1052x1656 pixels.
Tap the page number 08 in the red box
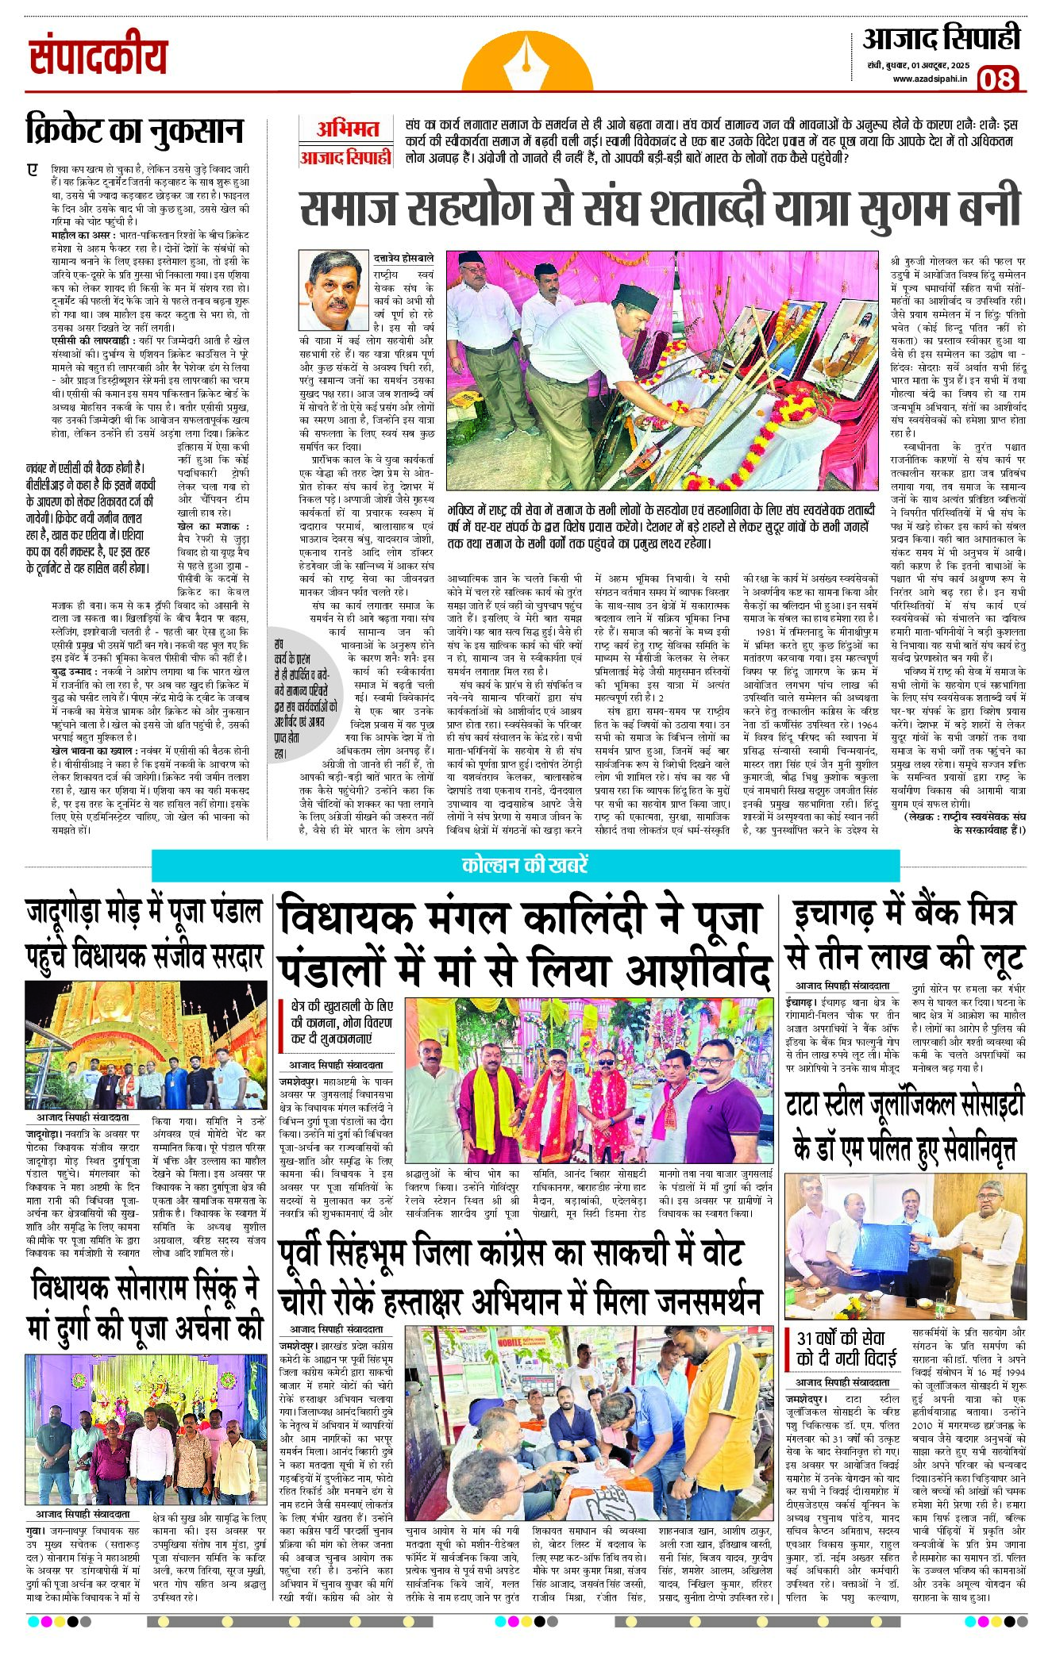(x=996, y=79)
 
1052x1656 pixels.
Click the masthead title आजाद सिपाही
(x=941, y=40)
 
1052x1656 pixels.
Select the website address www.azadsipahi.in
(x=929, y=79)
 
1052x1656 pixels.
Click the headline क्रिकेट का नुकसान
(x=134, y=130)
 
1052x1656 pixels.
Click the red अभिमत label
(x=348, y=129)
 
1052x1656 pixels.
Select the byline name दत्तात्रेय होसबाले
(x=404, y=258)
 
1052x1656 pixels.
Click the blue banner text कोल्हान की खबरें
(x=525, y=865)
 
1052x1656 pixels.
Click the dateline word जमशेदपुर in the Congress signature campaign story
(x=298, y=1346)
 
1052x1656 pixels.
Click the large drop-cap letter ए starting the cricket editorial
(x=33, y=170)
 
